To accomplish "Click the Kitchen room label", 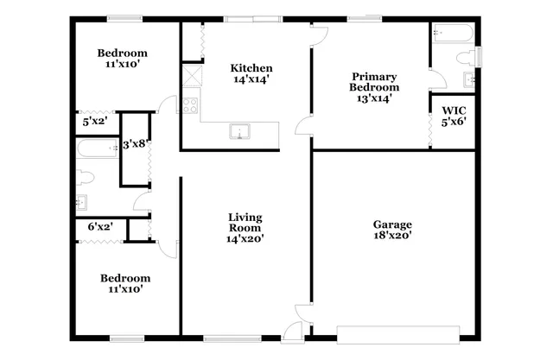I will pos(251,69).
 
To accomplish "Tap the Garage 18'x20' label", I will pos(393,230).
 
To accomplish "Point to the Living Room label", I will pos(245,228).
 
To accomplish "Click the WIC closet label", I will pos(454,111).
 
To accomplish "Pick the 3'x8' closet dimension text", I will pos(133,145).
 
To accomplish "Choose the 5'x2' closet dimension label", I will pos(94,122).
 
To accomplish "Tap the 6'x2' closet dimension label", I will pos(100,226).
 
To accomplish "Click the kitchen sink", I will pos(238,132).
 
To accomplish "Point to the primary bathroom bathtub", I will pos(452,35).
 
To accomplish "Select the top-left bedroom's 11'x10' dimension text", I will pos(122,64).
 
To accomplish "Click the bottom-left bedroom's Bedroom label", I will pos(125,278).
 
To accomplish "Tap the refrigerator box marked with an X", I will pos(189,76).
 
